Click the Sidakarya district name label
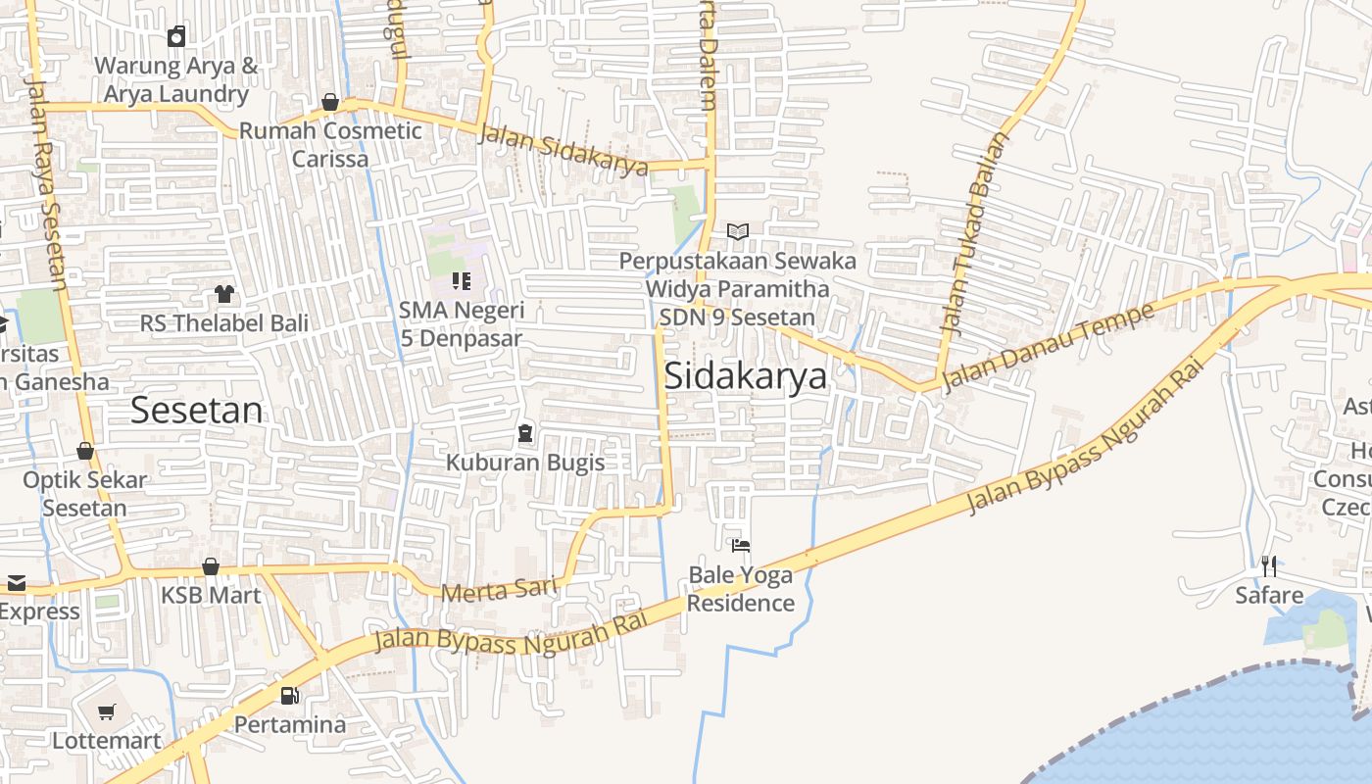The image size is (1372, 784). [x=746, y=377]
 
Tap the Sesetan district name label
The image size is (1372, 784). [x=196, y=411]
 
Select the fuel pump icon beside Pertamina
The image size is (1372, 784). [x=289, y=696]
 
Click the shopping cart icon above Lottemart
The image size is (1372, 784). [x=106, y=712]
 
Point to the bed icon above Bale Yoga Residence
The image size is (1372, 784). [x=741, y=545]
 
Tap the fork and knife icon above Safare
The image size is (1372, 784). [x=1269, y=565]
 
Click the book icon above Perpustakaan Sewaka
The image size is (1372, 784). [x=738, y=232]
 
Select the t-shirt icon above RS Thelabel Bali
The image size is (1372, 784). [x=224, y=293]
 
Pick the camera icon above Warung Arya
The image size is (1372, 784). [x=176, y=37]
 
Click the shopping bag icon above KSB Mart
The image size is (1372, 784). [x=211, y=566]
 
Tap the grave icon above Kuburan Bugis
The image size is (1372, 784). [x=525, y=432]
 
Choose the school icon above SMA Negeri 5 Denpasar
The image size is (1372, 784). [x=462, y=282]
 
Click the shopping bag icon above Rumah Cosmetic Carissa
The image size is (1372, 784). [x=330, y=102]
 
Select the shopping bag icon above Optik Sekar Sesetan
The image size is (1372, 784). [x=85, y=451]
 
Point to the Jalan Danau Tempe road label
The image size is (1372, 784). [x=1047, y=349]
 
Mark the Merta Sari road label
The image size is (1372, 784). [x=499, y=590]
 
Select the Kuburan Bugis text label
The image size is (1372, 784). [x=525, y=462]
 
